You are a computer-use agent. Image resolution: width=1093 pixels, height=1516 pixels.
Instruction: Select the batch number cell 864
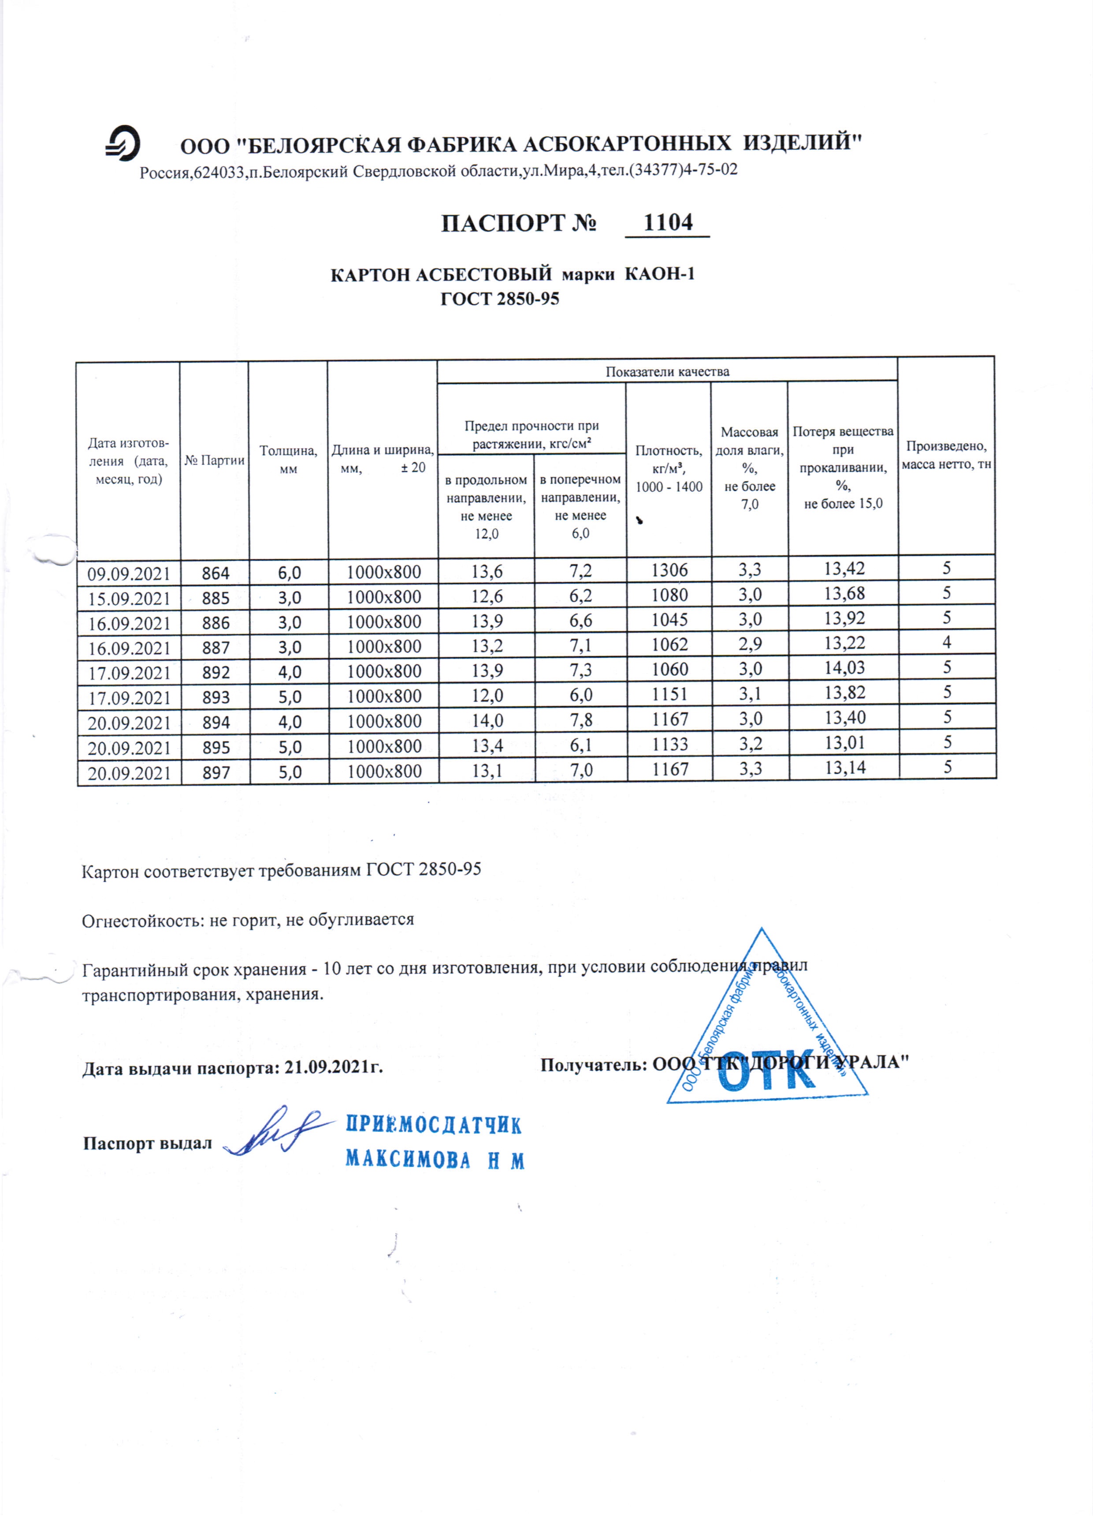(x=215, y=573)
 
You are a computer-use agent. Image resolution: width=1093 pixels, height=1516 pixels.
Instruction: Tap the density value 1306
(x=669, y=570)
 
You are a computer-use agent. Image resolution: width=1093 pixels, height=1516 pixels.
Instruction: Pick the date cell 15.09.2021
(x=129, y=598)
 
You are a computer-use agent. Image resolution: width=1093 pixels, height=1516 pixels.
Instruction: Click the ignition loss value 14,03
(x=844, y=668)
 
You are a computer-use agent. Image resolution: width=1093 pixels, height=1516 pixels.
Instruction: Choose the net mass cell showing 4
(x=947, y=642)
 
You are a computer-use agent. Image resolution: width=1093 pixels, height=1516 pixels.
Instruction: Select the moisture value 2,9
(x=750, y=644)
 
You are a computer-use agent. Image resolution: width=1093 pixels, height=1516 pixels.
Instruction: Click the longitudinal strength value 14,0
(x=487, y=721)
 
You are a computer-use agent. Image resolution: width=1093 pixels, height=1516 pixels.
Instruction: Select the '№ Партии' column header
(x=215, y=460)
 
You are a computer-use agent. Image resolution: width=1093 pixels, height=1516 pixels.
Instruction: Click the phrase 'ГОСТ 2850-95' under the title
(x=500, y=299)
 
